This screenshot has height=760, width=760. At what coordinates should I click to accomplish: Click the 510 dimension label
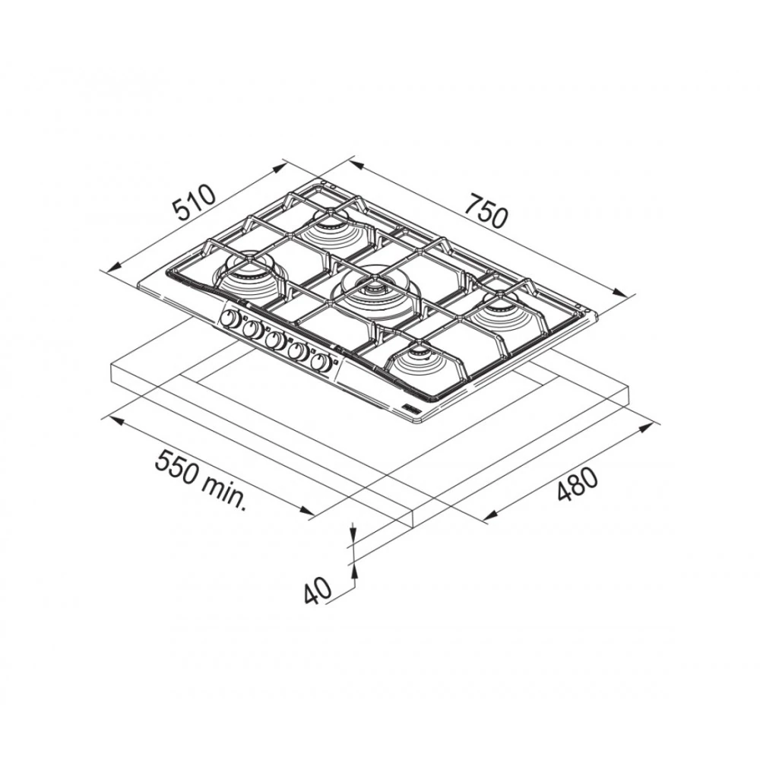pyautogui.click(x=195, y=202)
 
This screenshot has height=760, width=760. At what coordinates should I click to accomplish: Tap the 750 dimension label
pyautogui.click(x=485, y=212)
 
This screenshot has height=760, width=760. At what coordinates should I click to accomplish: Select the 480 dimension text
pyautogui.click(x=576, y=483)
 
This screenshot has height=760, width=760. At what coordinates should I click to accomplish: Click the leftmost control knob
pyautogui.click(x=230, y=319)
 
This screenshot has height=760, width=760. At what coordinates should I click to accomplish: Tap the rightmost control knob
pyautogui.click(x=321, y=363)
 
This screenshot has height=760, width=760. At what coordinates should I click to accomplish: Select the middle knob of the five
pyautogui.click(x=275, y=340)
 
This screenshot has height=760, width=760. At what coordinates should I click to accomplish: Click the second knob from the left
pyautogui.click(x=252, y=330)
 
